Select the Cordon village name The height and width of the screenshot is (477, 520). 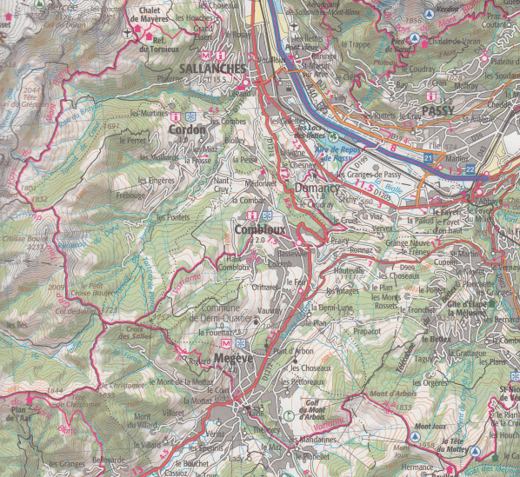pos(187,129)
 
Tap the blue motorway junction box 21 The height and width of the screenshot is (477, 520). pos(429,156)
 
